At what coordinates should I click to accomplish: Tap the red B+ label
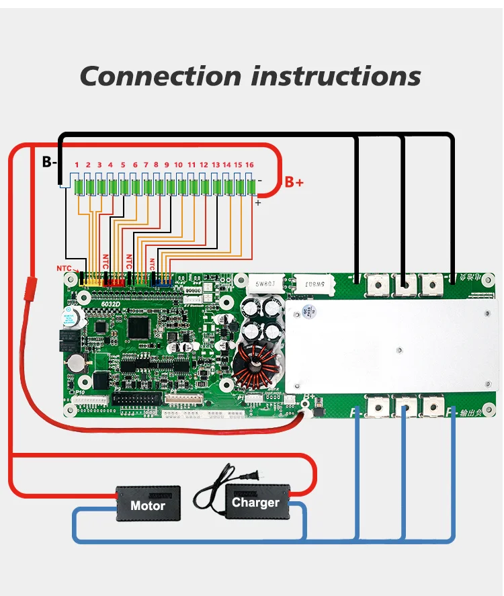pos(294,182)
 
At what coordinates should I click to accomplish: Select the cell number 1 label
pos(77,165)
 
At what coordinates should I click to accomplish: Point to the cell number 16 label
pos(249,165)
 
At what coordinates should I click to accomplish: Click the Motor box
pos(148,504)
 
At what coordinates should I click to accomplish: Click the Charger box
pos(255,502)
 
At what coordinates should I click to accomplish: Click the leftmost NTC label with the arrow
pos(65,269)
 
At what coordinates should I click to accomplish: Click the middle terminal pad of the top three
pos(404,286)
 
